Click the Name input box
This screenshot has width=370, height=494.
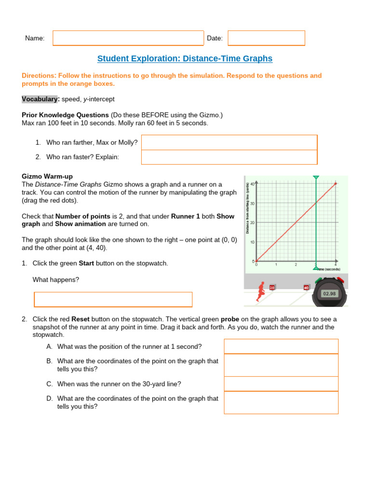[x=128, y=38]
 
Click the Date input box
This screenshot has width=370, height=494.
[x=266, y=38]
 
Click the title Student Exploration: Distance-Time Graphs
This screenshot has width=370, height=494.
[x=185, y=58]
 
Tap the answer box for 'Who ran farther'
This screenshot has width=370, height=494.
[x=229, y=142]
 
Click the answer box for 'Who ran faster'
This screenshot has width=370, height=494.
[x=229, y=157]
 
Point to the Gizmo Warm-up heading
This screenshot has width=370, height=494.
[x=47, y=177]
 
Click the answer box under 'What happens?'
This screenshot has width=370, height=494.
[x=113, y=300]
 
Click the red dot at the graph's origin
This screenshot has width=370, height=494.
[x=256, y=261]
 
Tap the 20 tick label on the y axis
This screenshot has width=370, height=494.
[x=252, y=222]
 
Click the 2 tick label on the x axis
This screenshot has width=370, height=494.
[x=296, y=265]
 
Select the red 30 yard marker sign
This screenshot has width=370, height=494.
[x=272, y=288]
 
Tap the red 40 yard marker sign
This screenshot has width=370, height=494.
[x=306, y=288]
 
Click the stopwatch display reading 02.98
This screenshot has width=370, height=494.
[x=330, y=293]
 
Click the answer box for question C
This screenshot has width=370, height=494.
[x=281, y=384]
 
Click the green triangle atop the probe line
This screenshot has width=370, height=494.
[x=316, y=178]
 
